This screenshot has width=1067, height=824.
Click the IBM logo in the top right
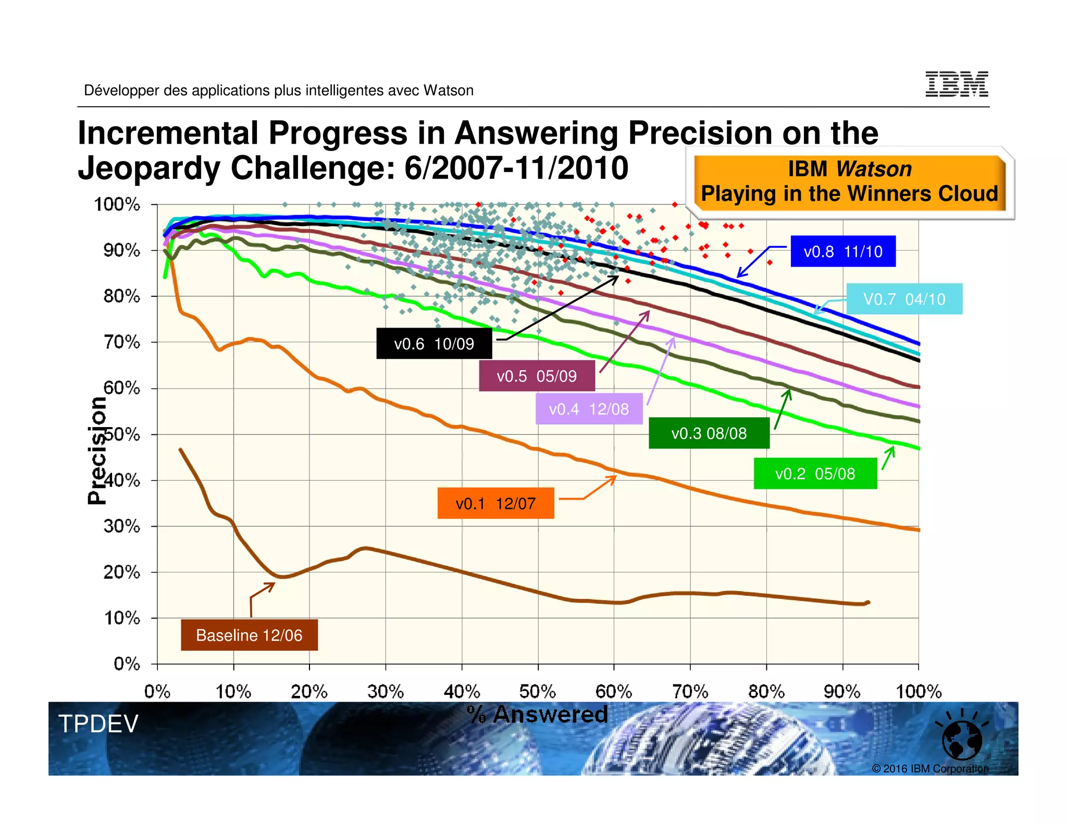pyautogui.click(x=957, y=84)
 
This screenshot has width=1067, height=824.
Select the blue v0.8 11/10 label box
pyautogui.click(x=842, y=252)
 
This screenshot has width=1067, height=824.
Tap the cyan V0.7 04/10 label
pyautogui.click(x=904, y=299)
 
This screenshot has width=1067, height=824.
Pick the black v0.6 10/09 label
pyautogui.click(x=433, y=344)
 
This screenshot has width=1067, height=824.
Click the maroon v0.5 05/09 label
pyautogui.click(x=537, y=376)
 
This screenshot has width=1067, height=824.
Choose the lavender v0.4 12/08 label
pyautogui.click(x=589, y=409)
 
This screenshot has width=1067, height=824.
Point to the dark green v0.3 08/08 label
pyautogui.click(x=709, y=433)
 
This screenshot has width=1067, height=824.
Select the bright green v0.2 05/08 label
pyautogui.click(x=815, y=473)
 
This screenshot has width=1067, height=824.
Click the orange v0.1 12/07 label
pyautogui.click(x=495, y=504)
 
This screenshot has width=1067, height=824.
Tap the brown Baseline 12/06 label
pyautogui.click(x=249, y=635)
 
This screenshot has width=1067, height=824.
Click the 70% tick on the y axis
pyautogui.click(x=122, y=342)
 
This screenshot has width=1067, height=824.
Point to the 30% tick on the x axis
pyautogui.click(x=386, y=692)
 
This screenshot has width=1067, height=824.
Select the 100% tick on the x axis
pyautogui.click(x=919, y=692)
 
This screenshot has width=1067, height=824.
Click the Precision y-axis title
pyautogui.click(x=97, y=451)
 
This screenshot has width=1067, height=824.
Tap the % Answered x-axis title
pyautogui.click(x=538, y=714)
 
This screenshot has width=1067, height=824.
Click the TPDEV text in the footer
pyautogui.click(x=98, y=724)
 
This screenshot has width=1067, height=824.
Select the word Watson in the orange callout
pyautogui.click(x=874, y=169)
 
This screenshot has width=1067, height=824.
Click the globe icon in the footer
pyautogui.click(x=962, y=740)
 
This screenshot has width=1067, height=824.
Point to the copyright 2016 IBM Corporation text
pyautogui.click(x=930, y=769)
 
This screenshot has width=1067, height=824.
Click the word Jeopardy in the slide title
pyautogui.click(x=149, y=168)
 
